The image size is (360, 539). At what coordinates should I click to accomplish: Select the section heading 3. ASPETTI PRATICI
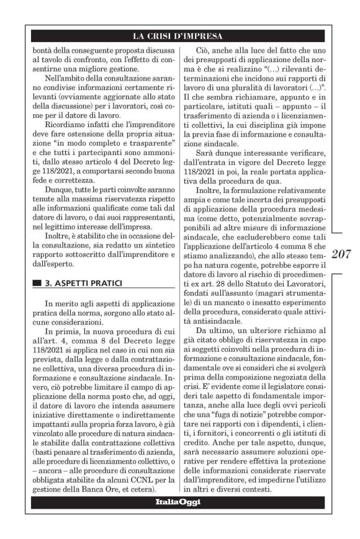pyautogui.click(x=76, y=283)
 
